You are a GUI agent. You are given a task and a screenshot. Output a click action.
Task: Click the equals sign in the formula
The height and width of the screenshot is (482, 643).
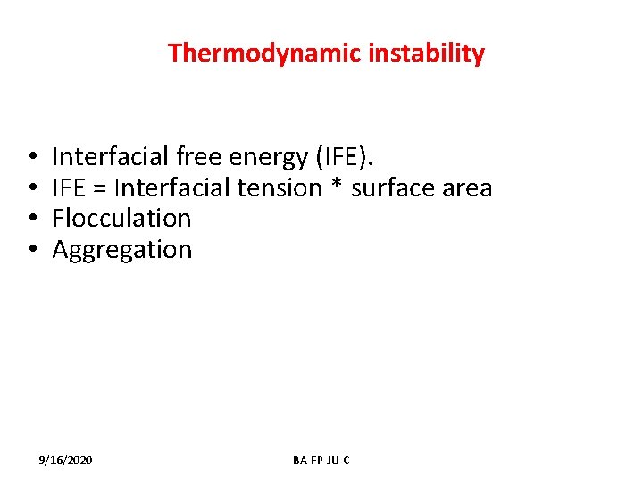click(x=99, y=189)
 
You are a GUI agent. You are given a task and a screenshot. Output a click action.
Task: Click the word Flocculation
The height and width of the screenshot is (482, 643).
click(x=121, y=219)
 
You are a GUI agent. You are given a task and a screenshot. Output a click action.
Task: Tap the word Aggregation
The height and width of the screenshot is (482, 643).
click(x=121, y=250)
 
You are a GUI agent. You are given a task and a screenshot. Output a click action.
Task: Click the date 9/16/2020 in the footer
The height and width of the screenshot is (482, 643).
click(x=65, y=460)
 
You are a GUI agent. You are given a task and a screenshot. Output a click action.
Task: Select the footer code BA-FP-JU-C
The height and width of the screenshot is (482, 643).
click(x=321, y=460)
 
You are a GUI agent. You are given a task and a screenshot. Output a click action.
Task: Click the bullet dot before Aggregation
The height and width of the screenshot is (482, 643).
click(x=31, y=250)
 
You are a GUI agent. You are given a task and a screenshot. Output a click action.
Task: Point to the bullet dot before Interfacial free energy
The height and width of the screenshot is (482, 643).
click(x=31, y=158)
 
